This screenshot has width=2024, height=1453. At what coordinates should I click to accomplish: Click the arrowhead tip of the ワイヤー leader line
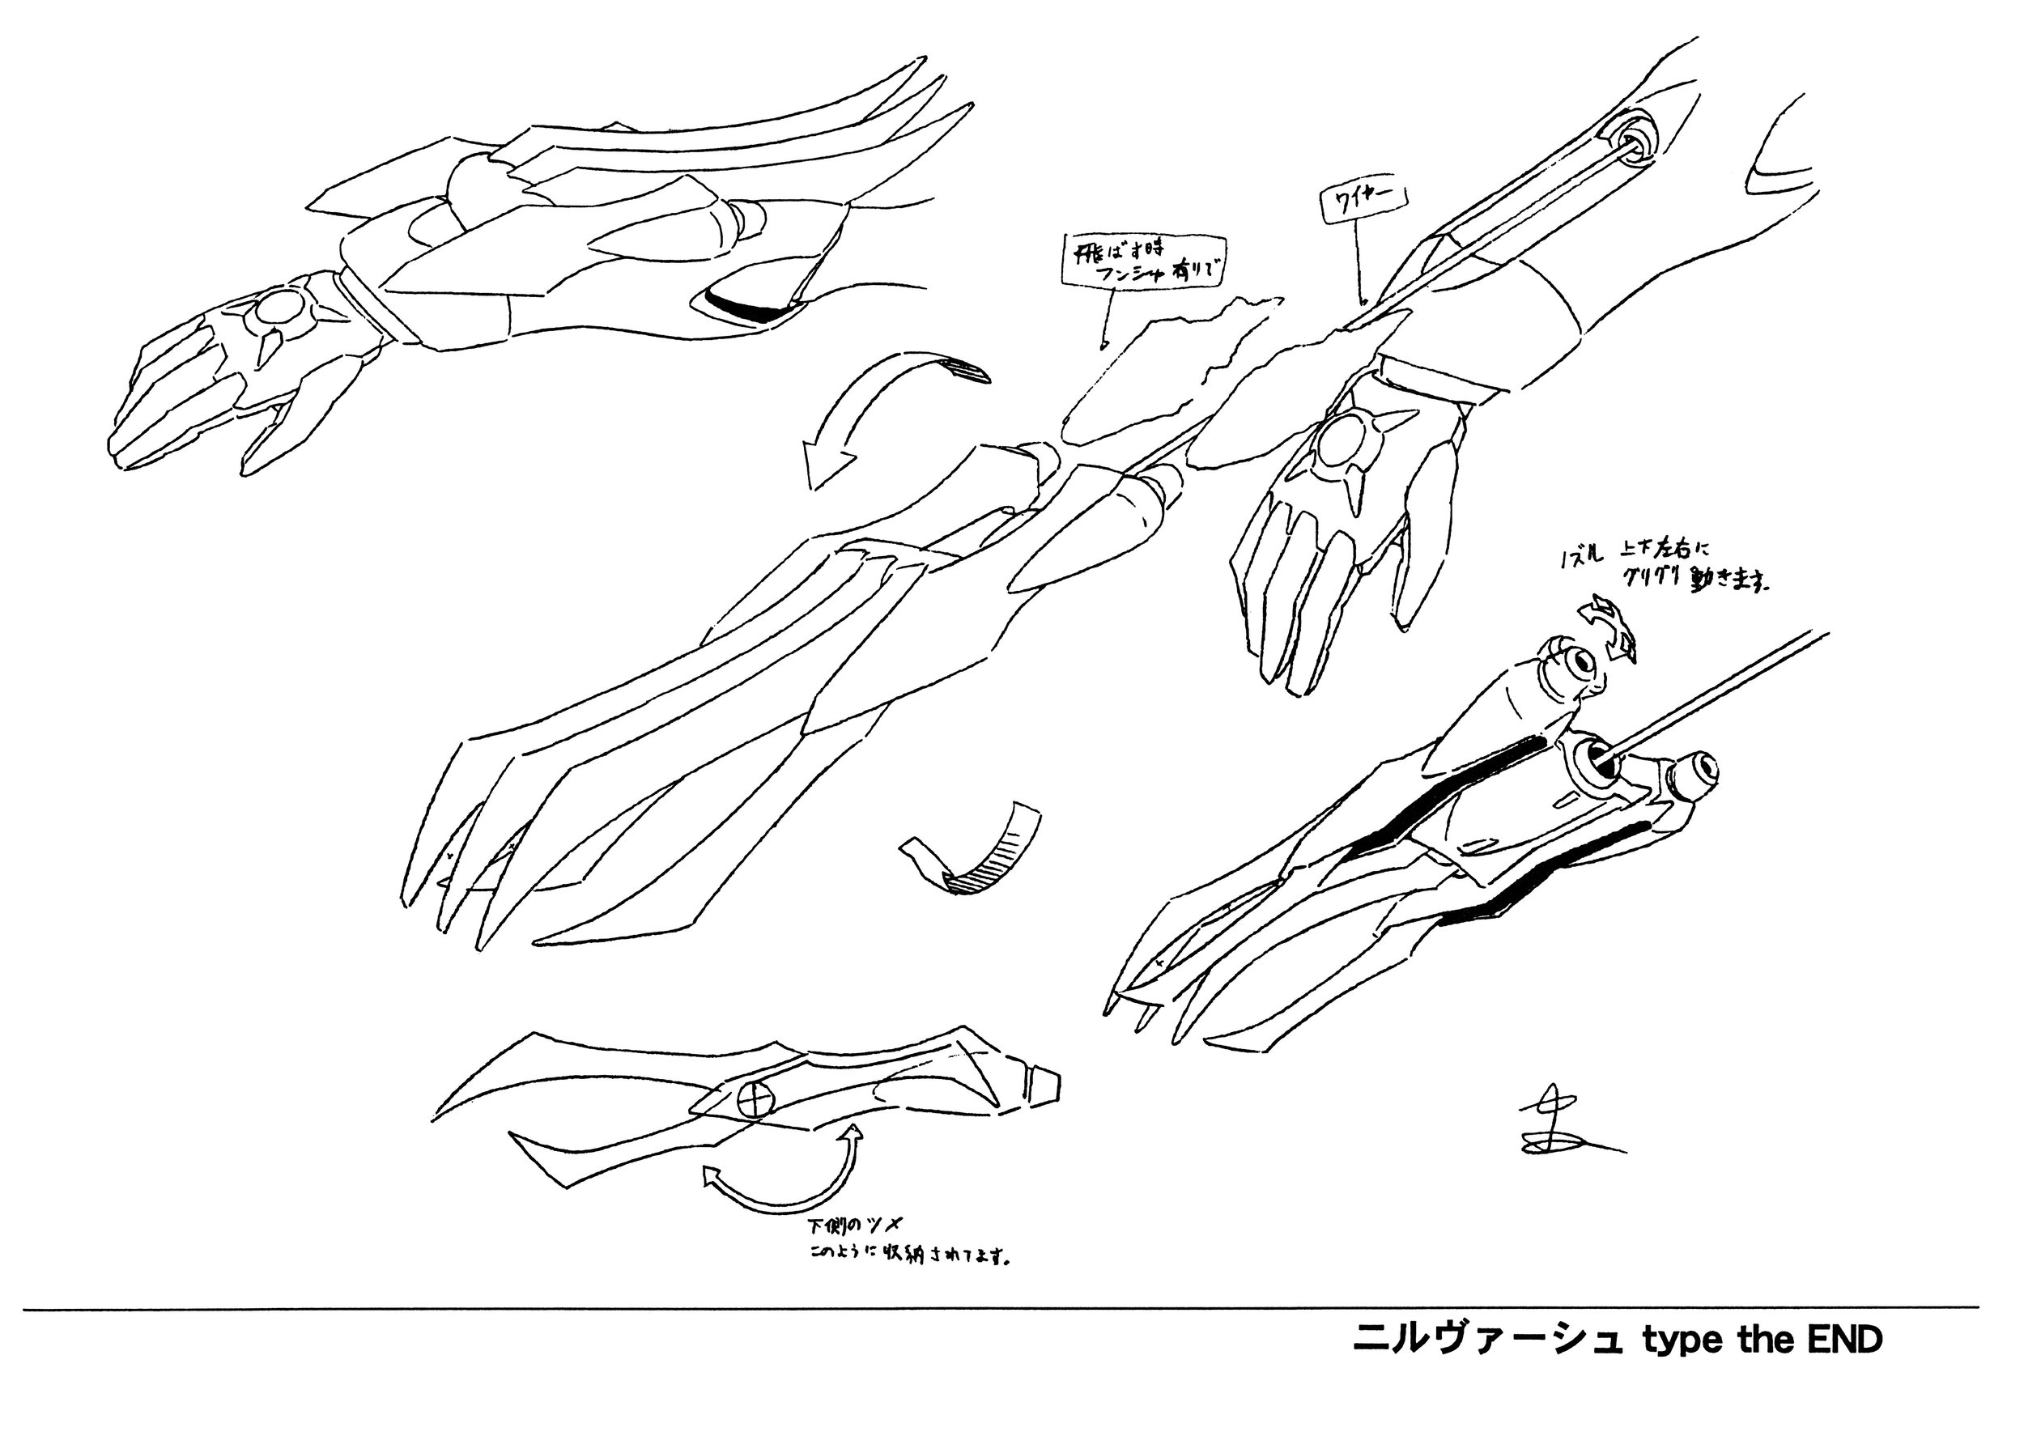coord(1362,304)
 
